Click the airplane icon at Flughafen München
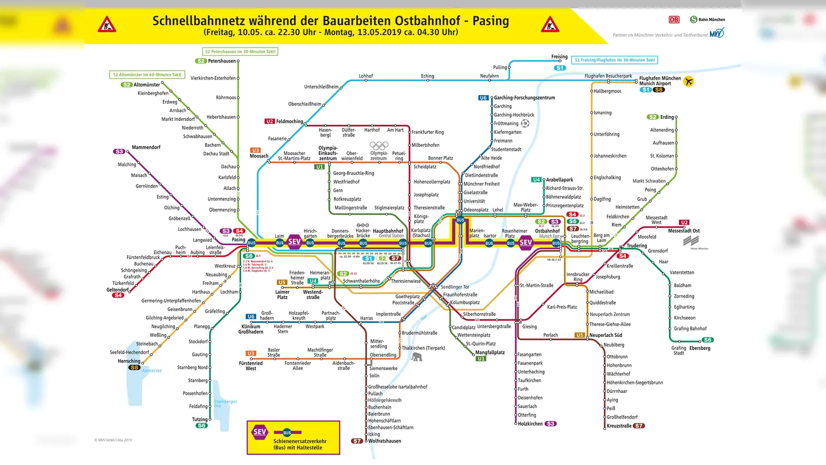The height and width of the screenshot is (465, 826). tap(688, 81)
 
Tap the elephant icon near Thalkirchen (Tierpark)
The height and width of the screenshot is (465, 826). tap(417, 356)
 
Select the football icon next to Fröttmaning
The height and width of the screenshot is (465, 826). tap(525, 123)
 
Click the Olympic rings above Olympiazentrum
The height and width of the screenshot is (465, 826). tap(379, 146)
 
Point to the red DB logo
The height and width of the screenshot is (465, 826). tap(674, 20)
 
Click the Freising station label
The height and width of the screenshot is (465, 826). tap(559, 57)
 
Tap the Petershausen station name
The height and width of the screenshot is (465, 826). tap(221, 61)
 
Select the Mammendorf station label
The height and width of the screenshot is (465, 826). tap(146, 147)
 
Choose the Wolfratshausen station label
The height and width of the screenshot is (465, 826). tap(385, 441)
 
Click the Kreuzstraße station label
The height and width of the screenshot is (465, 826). tap(619, 426)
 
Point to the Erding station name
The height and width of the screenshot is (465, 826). tap(667, 117)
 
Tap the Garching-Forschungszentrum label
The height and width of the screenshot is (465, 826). tap(525, 98)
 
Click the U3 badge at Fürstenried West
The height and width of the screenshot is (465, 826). tap(251, 353)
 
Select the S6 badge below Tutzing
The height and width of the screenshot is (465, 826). tap(201, 426)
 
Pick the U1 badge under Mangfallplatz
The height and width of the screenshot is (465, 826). tap(481, 359)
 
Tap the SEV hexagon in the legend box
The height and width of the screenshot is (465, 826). tap(260, 432)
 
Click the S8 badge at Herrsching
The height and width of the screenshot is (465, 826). tap(134, 367)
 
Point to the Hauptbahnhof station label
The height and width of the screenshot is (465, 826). tap(388, 231)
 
